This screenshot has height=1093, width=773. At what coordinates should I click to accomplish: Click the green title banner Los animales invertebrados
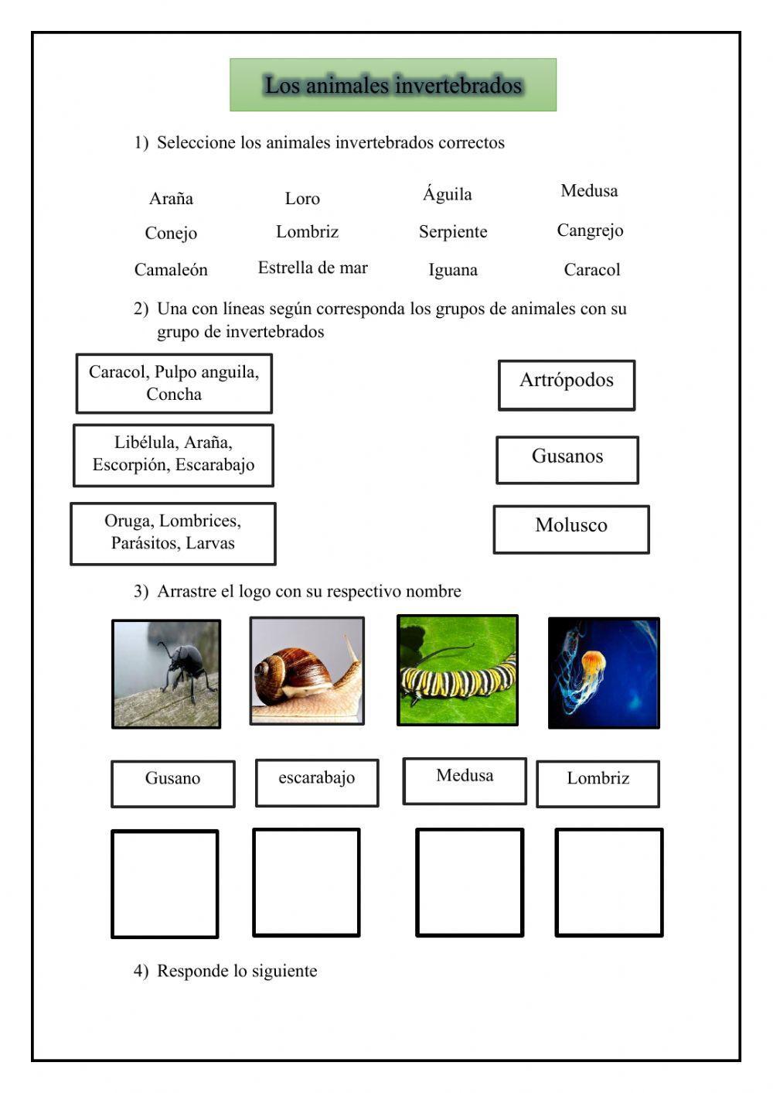(x=393, y=85)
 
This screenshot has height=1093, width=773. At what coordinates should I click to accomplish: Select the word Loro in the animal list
(x=302, y=199)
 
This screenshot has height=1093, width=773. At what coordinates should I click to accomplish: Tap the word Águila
(x=447, y=194)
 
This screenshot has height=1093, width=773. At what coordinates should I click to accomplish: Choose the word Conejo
(x=171, y=233)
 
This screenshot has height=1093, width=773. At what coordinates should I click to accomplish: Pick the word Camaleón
(x=171, y=270)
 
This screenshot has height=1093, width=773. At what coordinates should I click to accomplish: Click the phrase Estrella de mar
(x=312, y=268)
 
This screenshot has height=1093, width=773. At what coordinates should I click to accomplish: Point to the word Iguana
(x=453, y=270)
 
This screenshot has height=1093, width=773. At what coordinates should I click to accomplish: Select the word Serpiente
(x=453, y=232)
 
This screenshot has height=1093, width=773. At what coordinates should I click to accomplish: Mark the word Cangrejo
(x=590, y=231)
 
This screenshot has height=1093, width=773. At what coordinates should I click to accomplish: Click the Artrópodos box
(x=567, y=384)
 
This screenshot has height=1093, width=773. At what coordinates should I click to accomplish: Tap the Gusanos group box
(x=567, y=459)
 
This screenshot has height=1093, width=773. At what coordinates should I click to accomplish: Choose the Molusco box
(x=571, y=529)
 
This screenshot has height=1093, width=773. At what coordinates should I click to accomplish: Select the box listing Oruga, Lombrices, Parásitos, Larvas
(x=173, y=533)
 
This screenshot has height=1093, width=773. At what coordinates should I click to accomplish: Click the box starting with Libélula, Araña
(x=173, y=455)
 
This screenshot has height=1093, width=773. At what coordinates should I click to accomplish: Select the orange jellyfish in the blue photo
(x=593, y=664)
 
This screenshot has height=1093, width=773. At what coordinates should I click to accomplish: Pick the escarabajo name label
(x=317, y=782)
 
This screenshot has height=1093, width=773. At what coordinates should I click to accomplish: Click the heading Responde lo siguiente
(x=237, y=971)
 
